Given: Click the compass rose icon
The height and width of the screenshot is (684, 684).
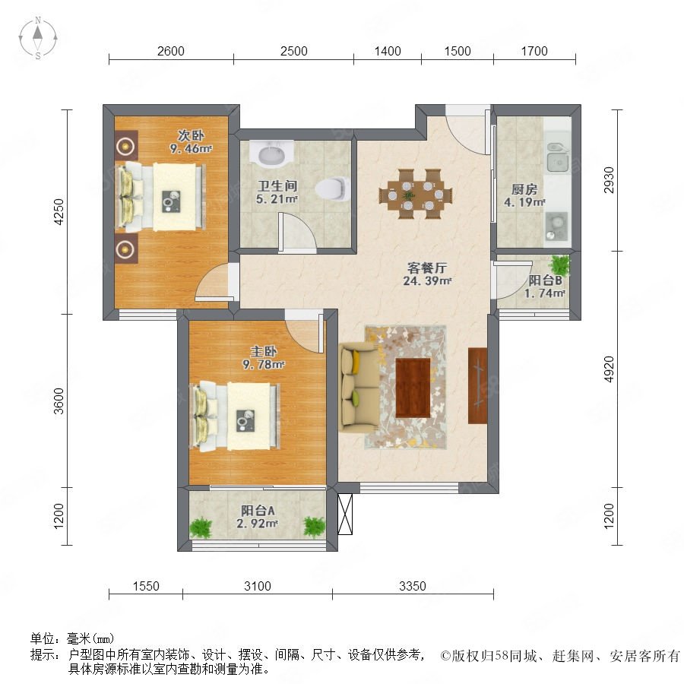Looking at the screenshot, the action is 38,38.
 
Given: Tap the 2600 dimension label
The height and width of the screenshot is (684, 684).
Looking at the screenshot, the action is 170,51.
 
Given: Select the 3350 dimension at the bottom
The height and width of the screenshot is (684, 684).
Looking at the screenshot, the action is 412,586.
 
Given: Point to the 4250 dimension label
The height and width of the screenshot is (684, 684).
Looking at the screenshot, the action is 58,211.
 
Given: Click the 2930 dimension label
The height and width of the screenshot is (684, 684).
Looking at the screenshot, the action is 609,179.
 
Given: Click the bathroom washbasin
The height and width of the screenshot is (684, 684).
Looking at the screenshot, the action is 271,154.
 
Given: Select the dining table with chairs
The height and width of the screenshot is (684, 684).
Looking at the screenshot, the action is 415,194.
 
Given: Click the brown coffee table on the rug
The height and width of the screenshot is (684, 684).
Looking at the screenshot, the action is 413,388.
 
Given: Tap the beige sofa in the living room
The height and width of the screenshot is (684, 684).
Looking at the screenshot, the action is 359,384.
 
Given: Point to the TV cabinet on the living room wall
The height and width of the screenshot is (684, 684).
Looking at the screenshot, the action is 477,385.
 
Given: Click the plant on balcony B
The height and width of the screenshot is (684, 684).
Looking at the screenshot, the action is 559,264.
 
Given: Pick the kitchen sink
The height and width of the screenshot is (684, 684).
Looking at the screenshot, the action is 557,157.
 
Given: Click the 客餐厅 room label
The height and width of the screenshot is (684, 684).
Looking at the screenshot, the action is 427,268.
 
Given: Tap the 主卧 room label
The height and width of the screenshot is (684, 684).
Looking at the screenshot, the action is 264,351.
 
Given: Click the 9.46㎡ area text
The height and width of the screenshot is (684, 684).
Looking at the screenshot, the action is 191,149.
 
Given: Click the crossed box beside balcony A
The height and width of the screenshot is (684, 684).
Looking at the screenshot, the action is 344,514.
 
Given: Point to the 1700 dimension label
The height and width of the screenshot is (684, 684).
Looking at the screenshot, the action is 534,51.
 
